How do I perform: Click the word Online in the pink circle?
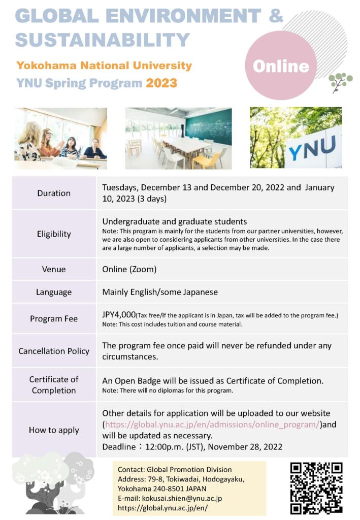[281, 66]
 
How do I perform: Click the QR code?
[316, 487]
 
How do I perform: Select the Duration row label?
[54, 193]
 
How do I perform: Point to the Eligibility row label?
[54, 234]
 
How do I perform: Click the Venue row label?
[54, 269]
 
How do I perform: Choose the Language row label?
[54, 292]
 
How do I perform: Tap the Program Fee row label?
[54, 319]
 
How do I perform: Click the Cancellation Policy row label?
[54, 351]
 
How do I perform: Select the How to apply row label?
[54, 430]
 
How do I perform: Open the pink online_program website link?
[212, 425]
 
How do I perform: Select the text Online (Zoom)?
[129, 269]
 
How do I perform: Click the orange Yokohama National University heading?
[104, 66]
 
